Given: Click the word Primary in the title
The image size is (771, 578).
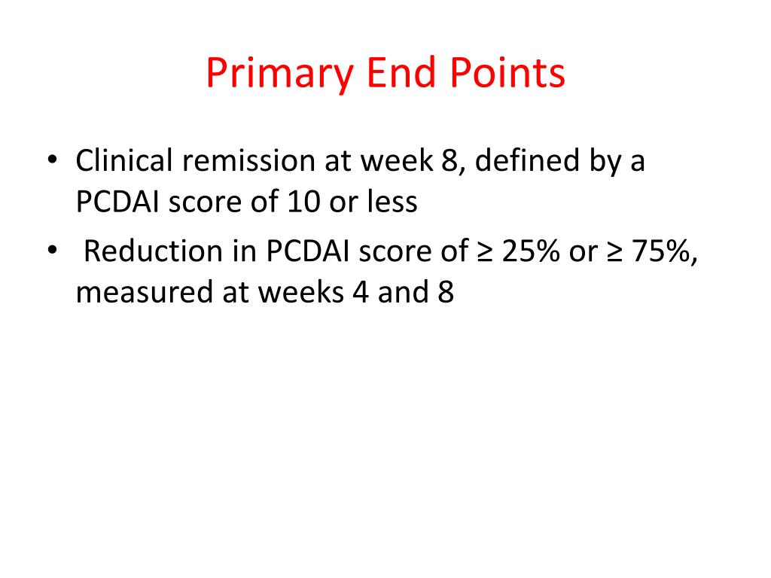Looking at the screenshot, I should click(279, 75).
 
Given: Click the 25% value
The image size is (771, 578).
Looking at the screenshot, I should click(532, 251).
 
